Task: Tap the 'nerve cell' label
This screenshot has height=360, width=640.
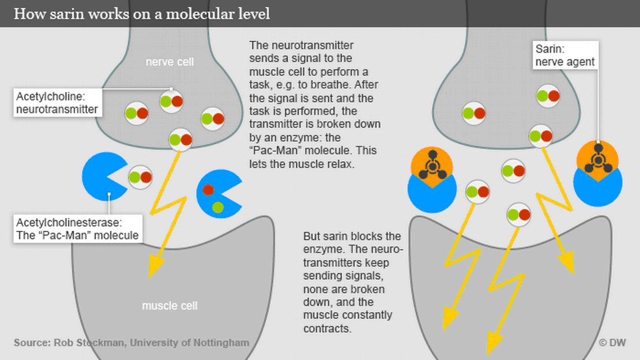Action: pos(170,62)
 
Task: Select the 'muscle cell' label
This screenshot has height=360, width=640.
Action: pos(170,305)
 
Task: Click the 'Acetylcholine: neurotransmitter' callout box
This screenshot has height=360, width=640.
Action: pos(56,102)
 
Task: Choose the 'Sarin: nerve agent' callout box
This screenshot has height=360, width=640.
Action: pos(565,55)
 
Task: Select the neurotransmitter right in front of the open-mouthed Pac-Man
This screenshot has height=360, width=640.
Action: pos(140,177)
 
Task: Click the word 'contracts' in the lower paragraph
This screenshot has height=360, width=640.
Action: pos(327,328)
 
